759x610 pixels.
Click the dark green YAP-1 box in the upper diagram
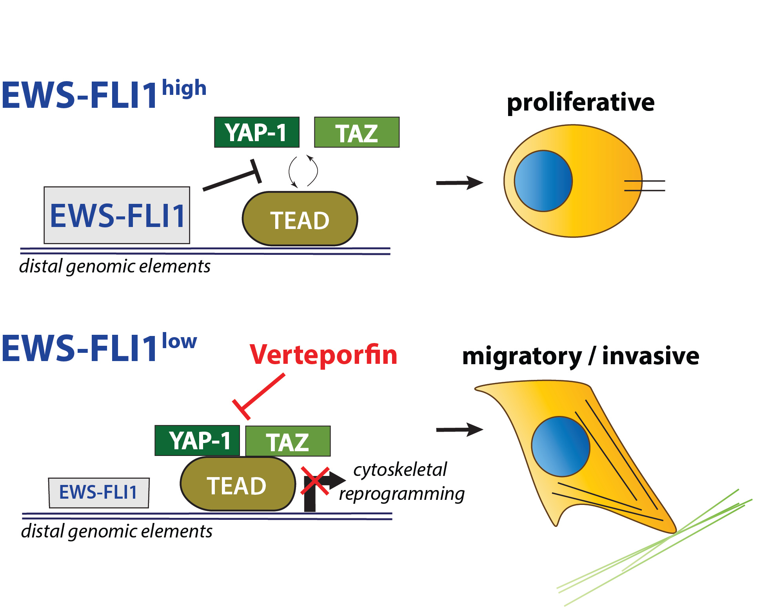click(x=257, y=132)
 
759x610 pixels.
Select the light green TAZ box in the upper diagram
click(x=357, y=133)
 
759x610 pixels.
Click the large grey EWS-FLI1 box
click(x=117, y=215)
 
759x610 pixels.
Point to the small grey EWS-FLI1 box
click(x=99, y=493)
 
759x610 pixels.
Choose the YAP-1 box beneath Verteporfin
click(x=197, y=441)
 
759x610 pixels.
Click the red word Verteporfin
click(x=323, y=355)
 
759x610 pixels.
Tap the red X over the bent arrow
click(x=315, y=480)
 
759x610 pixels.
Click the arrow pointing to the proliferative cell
click(x=459, y=183)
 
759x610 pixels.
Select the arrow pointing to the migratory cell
click(x=459, y=430)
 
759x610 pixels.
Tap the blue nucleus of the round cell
click(x=543, y=181)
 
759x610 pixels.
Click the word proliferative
click(x=581, y=103)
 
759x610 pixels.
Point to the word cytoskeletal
click(x=400, y=470)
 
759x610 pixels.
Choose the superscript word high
click(x=184, y=88)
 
